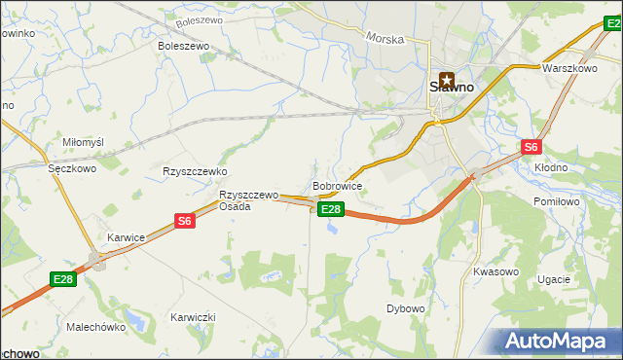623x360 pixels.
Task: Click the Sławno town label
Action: tap(453, 87)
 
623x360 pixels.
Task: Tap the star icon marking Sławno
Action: tap(447, 80)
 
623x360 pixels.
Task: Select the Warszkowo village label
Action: tap(569, 69)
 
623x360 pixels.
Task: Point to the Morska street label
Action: tap(385, 38)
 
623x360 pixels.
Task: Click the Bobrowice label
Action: tap(338, 185)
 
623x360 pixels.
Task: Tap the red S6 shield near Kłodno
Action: tap(531, 147)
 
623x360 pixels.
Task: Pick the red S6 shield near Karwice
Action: tap(185, 221)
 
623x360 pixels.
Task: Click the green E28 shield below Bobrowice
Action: tap(331, 209)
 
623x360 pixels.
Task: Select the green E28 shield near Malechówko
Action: tap(63, 280)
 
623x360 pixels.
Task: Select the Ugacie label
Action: tap(553, 279)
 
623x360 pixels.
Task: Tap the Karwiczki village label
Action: tap(193, 317)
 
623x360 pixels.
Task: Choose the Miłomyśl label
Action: tap(83, 142)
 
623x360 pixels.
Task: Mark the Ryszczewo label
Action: tap(195, 171)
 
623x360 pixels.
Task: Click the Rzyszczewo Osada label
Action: tap(248, 200)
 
